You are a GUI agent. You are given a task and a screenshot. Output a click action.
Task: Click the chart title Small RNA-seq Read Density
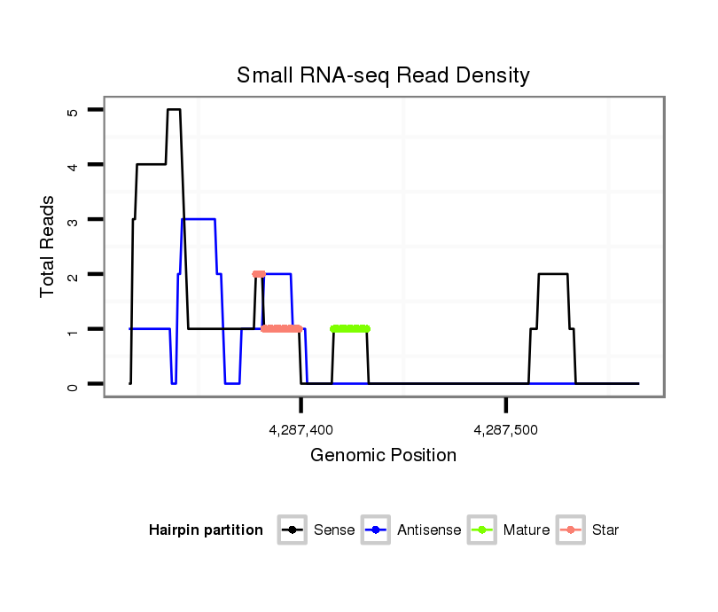point(383,75)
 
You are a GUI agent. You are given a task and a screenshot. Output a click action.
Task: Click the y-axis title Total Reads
point(49,247)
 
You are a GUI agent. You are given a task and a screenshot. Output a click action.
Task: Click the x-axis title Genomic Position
point(383,456)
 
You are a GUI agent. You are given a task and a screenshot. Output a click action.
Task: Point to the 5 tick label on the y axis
point(73,110)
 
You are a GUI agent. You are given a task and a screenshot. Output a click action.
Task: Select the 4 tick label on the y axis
point(73,165)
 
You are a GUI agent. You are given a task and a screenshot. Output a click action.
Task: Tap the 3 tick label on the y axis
point(73,219)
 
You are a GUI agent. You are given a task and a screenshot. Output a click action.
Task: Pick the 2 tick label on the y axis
point(73,274)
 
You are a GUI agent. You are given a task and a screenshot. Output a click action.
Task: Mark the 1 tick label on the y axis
point(73,329)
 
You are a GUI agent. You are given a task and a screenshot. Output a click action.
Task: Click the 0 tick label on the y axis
point(73,384)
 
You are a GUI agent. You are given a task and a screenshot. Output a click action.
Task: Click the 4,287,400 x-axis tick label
point(301,430)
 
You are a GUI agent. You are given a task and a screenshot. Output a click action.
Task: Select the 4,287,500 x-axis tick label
point(506,430)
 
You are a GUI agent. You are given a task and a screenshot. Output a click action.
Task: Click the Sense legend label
point(334,530)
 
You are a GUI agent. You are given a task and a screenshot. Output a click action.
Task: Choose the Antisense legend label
point(429,530)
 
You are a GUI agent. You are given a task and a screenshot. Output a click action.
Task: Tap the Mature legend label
point(527,530)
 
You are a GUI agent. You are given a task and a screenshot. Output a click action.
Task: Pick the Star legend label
point(605,530)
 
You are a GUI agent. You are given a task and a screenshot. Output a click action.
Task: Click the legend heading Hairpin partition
point(206,530)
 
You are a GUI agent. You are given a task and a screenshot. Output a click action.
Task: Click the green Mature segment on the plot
point(350,329)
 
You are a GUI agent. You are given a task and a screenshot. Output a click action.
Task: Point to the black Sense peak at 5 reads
point(174,110)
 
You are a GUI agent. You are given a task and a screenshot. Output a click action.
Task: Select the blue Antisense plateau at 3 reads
point(199,219)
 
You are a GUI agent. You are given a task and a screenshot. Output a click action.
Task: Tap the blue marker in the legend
point(377,530)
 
